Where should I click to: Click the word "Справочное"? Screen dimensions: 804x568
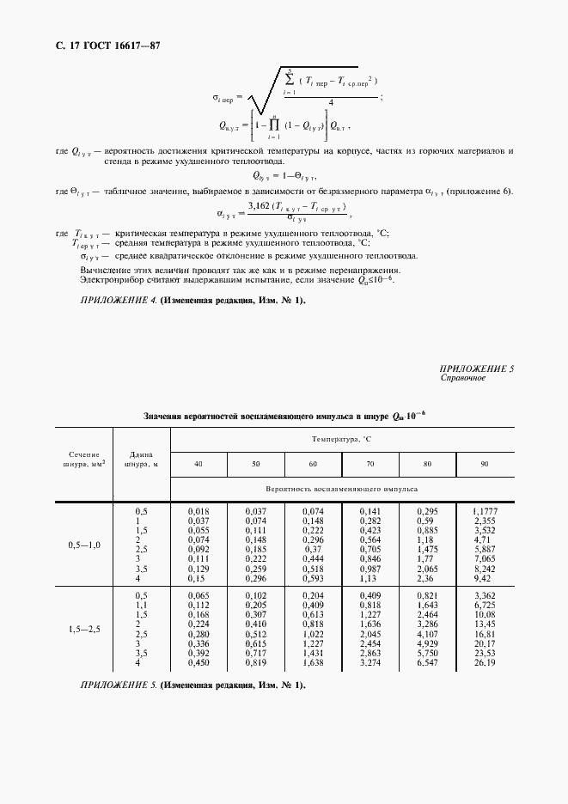[x=463, y=377]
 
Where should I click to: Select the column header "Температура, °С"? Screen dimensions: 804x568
[x=342, y=439]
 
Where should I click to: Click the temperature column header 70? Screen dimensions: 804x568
[x=370, y=464]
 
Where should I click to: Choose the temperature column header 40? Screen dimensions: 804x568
[x=198, y=464]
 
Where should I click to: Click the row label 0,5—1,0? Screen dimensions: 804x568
[x=84, y=545]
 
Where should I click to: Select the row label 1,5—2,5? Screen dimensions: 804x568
[x=84, y=630]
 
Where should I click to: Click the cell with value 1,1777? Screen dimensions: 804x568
[x=486, y=511]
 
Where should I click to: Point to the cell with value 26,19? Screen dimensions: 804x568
[x=486, y=663]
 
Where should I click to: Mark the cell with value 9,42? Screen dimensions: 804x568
[x=486, y=579]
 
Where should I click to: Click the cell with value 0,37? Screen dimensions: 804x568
[x=314, y=549]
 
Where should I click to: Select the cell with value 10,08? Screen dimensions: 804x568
[x=486, y=615]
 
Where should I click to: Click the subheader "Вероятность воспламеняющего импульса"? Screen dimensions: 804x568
[x=342, y=488]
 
